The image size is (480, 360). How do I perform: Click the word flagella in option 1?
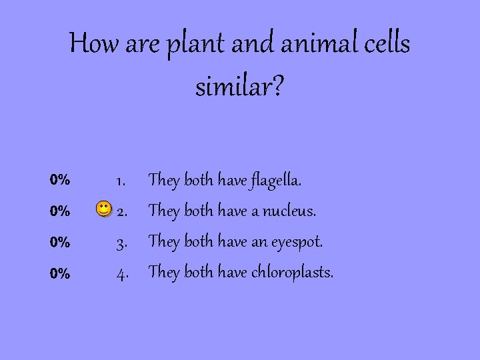[x=276, y=180]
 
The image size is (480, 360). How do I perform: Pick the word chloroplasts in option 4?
[x=293, y=272]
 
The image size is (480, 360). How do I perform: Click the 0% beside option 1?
[x=60, y=180]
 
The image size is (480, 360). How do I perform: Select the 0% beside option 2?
[x=60, y=211]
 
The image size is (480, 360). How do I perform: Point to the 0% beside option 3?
[x=60, y=243]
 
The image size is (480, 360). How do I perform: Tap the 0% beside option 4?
[x=60, y=273]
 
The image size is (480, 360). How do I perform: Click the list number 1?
[x=121, y=181]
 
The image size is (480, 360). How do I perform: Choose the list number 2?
[x=122, y=212]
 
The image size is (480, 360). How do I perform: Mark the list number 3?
[x=122, y=243]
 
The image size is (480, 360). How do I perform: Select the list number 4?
[x=122, y=273]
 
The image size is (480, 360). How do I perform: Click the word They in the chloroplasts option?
[x=164, y=272]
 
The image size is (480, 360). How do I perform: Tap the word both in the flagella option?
[x=198, y=179]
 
